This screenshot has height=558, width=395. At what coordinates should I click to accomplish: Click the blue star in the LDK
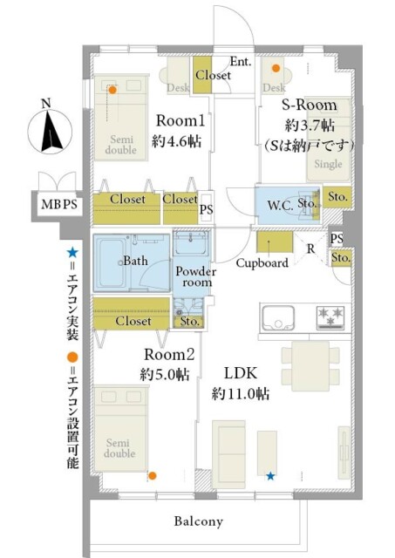point(270,476)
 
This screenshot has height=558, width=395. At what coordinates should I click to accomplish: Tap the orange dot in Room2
point(153,476)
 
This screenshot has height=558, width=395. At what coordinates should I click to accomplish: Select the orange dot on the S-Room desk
point(276,68)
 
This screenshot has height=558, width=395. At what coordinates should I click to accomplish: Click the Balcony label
point(199,521)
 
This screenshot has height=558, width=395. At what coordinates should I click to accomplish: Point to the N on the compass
point(46,103)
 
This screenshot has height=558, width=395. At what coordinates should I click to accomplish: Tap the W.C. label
point(281,206)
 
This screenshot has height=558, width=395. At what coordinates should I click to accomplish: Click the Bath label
point(135,261)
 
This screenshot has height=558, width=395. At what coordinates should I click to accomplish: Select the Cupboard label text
point(262,263)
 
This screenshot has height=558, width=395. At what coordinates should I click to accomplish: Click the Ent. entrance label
point(241,61)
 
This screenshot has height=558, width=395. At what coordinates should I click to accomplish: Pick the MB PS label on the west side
point(59,204)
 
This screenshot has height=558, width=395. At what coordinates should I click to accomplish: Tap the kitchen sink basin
point(278,317)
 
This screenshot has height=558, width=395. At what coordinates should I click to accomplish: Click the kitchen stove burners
point(330,317)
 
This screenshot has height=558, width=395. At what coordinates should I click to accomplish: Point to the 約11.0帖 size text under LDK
point(241,394)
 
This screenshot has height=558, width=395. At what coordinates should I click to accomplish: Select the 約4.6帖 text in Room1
point(176,141)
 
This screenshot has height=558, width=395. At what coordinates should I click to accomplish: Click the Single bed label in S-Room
point(328,164)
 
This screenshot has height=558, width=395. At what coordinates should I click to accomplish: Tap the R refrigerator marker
point(311,248)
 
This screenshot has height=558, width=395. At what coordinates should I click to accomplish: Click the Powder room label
point(195,277)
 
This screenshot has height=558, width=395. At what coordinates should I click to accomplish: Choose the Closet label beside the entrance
point(213,75)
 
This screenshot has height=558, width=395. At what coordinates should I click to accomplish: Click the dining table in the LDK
point(310,366)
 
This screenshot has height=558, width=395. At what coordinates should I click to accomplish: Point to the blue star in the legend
point(72,253)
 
